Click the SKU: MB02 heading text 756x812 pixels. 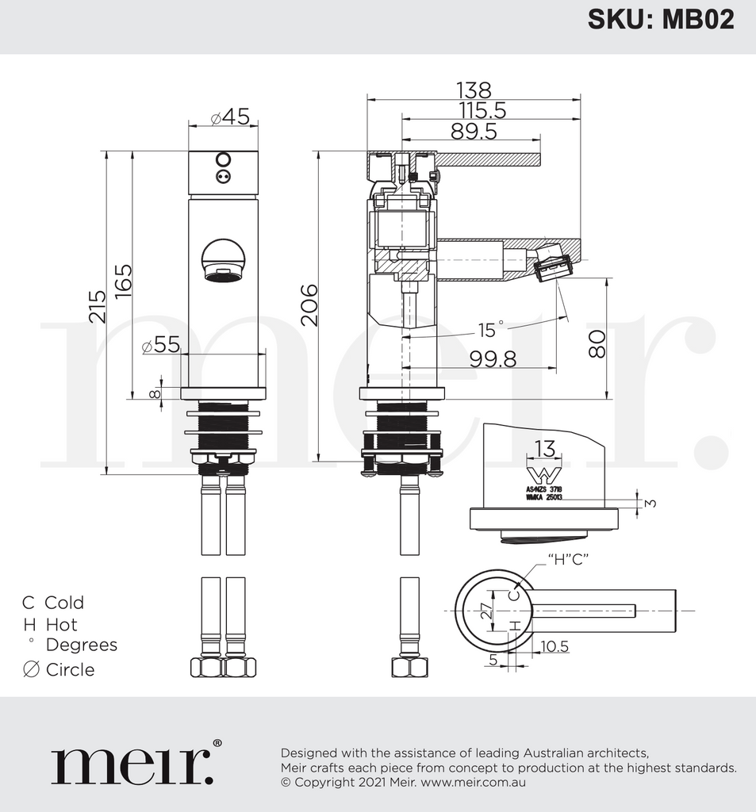(x=661, y=19)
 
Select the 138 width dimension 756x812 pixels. (x=474, y=90)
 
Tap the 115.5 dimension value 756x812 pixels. (x=493, y=111)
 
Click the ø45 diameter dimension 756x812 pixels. (x=230, y=117)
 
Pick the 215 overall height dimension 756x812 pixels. (x=97, y=306)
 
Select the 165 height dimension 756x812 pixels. (x=123, y=281)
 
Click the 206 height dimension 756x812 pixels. (x=308, y=304)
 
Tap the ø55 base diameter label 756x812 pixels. (x=160, y=345)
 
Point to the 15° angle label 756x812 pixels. (x=491, y=328)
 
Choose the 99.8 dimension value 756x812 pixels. (x=492, y=359)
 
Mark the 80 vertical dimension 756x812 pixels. (x=597, y=343)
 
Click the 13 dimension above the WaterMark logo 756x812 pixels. (x=544, y=449)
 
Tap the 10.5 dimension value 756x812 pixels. (x=554, y=646)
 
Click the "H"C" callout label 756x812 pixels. (x=567, y=560)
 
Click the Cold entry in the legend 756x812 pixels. (x=53, y=603)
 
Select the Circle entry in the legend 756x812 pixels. (x=59, y=669)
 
